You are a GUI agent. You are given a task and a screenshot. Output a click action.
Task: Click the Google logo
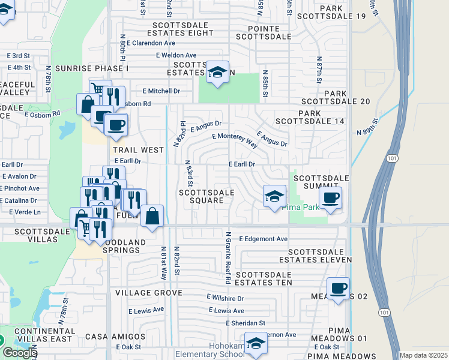coord(19,353)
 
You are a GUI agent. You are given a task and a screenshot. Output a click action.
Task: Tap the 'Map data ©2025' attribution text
coord(423,355)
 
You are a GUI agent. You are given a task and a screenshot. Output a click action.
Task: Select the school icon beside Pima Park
coord(274,196)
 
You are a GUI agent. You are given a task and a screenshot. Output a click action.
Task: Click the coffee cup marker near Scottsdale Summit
coord(330,198)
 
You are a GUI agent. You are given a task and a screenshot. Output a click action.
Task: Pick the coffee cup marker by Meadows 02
coord(338,289)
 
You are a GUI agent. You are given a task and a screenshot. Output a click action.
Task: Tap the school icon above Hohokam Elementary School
coord(256,344)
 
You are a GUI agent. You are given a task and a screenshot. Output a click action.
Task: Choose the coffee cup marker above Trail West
coord(115,125)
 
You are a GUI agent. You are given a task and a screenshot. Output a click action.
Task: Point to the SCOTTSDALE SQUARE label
coord(206,196)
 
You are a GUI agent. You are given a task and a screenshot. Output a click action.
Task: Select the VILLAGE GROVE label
coord(148,293)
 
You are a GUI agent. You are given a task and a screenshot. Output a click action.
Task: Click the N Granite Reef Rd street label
coord(228,256)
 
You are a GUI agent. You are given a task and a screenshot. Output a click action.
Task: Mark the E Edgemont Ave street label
coord(264,239)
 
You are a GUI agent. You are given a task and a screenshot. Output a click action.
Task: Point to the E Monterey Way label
coord(235,140)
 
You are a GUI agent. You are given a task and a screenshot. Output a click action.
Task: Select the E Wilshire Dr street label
coord(225,298)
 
